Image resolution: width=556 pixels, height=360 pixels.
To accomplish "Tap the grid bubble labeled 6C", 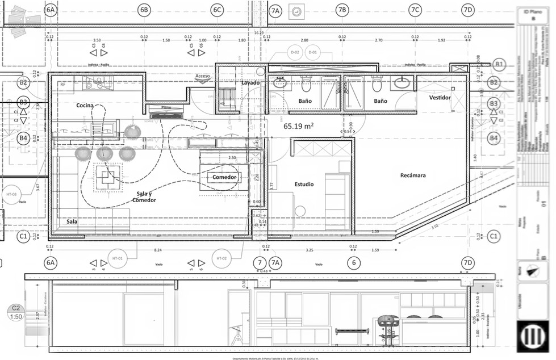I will (x=216, y=10).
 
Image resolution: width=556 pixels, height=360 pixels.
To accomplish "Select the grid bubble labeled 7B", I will (x=341, y=10).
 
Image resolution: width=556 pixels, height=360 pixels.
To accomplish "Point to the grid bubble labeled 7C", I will (x=415, y=10).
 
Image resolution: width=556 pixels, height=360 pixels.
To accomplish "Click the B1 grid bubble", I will (x=499, y=64).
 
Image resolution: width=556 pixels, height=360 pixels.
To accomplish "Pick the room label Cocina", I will (x=85, y=106).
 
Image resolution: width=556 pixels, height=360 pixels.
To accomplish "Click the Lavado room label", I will (x=250, y=83).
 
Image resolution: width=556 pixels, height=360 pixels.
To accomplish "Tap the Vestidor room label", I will (x=440, y=98).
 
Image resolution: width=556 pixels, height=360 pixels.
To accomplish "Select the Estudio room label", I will (x=304, y=185).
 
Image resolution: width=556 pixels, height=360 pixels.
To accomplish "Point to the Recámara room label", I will (x=413, y=175).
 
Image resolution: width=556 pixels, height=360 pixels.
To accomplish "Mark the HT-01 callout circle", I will (x=118, y=258).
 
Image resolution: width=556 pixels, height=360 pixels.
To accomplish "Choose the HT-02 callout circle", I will (x=221, y=258).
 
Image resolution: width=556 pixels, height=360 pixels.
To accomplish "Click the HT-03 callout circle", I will (x=12, y=195).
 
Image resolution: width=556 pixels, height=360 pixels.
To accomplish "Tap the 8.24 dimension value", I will (x=158, y=250).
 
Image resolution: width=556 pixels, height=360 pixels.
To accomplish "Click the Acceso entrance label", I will (x=203, y=76).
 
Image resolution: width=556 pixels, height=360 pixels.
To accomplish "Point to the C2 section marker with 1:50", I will (x=16, y=312).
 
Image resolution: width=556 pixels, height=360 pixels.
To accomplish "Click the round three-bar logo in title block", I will (x=533, y=335).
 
